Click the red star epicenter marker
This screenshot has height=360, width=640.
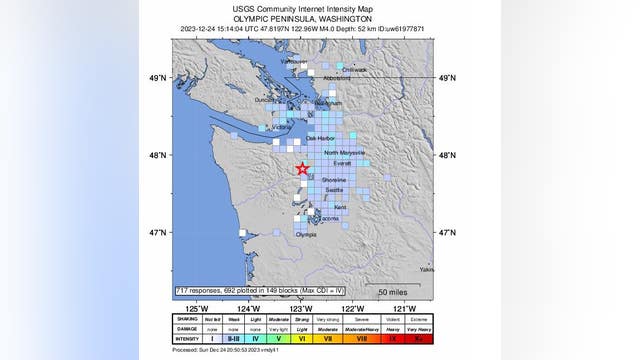[302, 169]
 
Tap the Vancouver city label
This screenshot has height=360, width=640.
[294, 61]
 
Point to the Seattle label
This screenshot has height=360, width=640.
[334, 189]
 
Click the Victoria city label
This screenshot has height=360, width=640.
[282, 127]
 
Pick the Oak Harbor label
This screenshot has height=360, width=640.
[318, 138]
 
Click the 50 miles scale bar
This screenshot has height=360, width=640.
[405, 290]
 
